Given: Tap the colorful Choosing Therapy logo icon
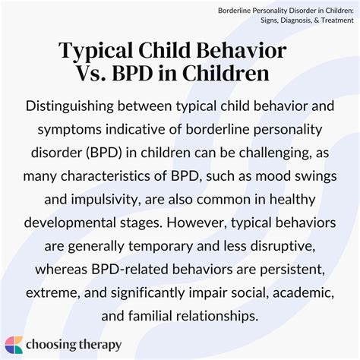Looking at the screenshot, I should pos(14,344).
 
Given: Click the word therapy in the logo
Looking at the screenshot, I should pos(96,345).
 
